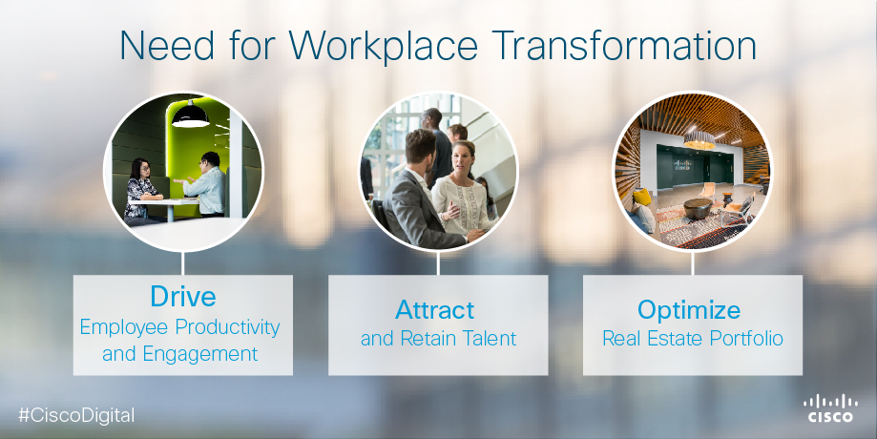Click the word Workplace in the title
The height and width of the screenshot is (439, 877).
(x=383, y=45)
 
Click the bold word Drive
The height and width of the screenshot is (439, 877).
(x=183, y=296)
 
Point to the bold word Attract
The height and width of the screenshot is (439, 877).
(x=434, y=310)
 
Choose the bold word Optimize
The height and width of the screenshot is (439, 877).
(x=689, y=310)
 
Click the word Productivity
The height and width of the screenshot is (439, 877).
(x=228, y=327)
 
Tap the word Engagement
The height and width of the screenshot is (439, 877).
(x=200, y=355)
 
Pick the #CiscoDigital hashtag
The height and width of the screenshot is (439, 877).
(x=76, y=415)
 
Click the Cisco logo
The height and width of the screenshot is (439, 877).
(x=830, y=408)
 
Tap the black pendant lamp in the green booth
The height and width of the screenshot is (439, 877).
(x=190, y=115)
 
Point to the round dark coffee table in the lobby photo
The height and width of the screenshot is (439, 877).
(x=698, y=209)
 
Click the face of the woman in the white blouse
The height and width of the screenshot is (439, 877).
(x=462, y=158)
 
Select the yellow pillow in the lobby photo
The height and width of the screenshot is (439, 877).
(x=642, y=197)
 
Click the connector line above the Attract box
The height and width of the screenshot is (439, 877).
(x=438, y=262)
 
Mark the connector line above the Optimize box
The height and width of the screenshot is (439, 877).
(x=693, y=262)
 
